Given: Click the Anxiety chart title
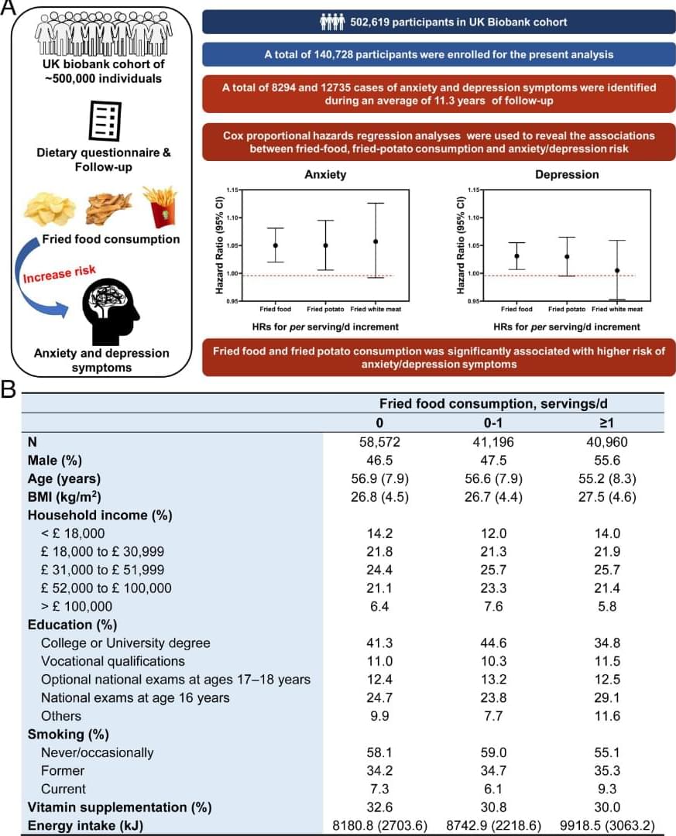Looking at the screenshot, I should (x=325, y=175).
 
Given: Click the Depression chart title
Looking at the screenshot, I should (x=566, y=175).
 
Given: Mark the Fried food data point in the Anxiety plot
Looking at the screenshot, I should (x=275, y=245).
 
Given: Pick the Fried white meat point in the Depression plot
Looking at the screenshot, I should (x=617, y=270).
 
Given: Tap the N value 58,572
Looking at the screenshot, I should (x=379, y=442).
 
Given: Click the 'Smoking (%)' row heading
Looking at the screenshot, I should (x=68, y=734).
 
